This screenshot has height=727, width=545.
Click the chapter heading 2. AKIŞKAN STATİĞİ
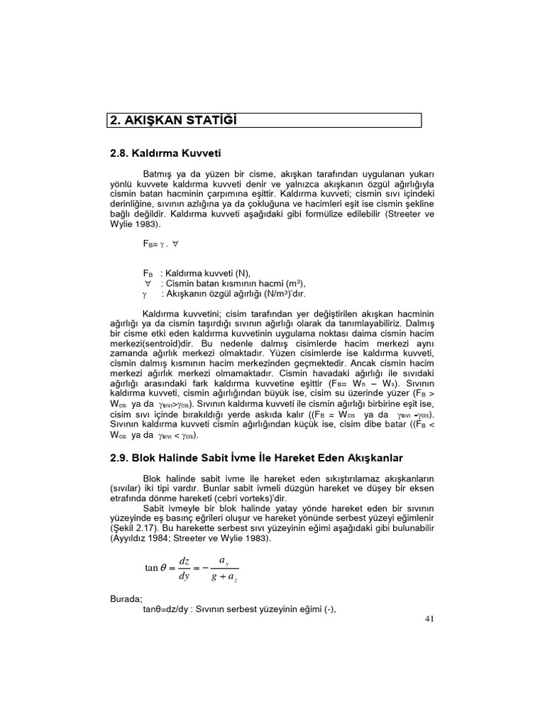pos(172,120)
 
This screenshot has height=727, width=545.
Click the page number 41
pos(429,618)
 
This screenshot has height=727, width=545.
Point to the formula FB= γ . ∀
pos(160,244)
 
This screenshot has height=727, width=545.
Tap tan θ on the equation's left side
pos(155,567)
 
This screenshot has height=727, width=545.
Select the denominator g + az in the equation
pos(225,576)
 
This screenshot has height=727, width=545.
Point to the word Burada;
pos(126,598)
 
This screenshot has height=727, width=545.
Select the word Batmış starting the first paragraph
pos(159,173)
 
